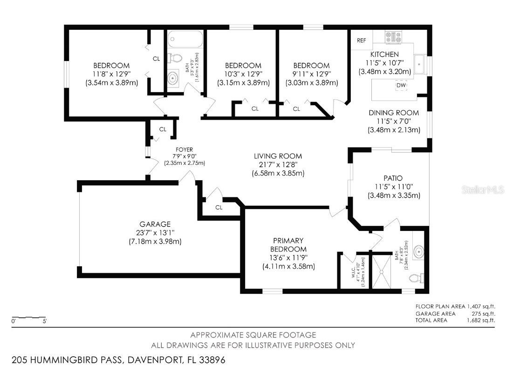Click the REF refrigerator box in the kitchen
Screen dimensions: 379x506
click(x=362, y=41)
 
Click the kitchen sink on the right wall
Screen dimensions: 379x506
click(x=421, y=61)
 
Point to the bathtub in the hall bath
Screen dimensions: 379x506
click(x=185, y=40)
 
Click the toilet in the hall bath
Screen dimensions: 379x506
click(x=175, y=59)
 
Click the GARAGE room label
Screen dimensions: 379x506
click(x=155, y=224)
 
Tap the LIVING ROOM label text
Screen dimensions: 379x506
click(x=278, y=156)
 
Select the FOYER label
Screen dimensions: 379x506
click(x=184, y=150)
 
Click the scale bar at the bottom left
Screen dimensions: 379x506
click(x=29, y=318)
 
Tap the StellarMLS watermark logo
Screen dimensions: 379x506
click(x=482, y=190)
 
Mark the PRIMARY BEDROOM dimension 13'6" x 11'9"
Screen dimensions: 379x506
click(x=288, y=257)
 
